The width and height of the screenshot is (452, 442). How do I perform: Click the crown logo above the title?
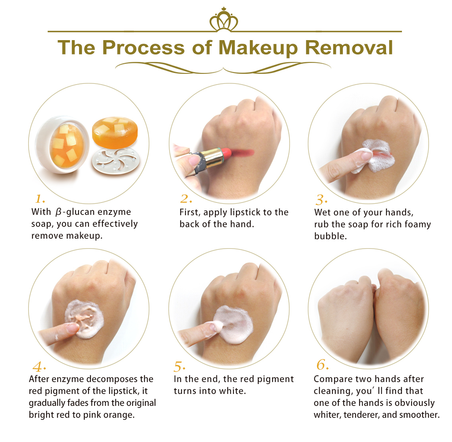224,19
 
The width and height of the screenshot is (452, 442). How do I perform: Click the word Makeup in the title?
258,48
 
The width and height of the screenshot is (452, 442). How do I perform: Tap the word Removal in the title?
349,47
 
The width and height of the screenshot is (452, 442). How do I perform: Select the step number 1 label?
40,199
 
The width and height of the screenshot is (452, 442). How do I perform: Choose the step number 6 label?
323,365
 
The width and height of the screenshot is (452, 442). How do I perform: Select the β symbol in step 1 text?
58,212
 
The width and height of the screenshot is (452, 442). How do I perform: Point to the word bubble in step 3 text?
330,236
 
